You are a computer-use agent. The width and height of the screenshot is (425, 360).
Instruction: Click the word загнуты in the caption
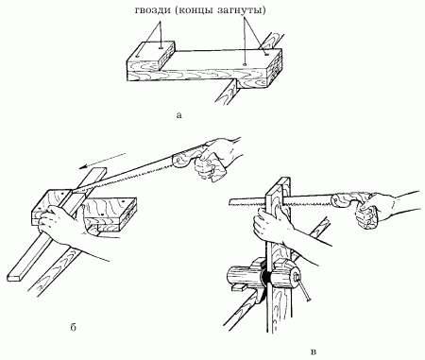242,10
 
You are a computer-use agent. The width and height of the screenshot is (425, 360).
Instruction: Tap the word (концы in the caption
194,10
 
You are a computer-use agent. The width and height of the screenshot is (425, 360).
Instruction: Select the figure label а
179,115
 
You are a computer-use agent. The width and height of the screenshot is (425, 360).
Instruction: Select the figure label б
73,328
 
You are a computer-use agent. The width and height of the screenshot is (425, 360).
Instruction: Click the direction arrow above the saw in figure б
102,161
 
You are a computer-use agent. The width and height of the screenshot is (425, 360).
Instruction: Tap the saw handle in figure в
349,198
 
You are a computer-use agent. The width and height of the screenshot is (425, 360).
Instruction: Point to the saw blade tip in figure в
231,201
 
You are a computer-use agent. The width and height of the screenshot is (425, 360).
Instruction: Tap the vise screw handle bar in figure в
302,287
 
